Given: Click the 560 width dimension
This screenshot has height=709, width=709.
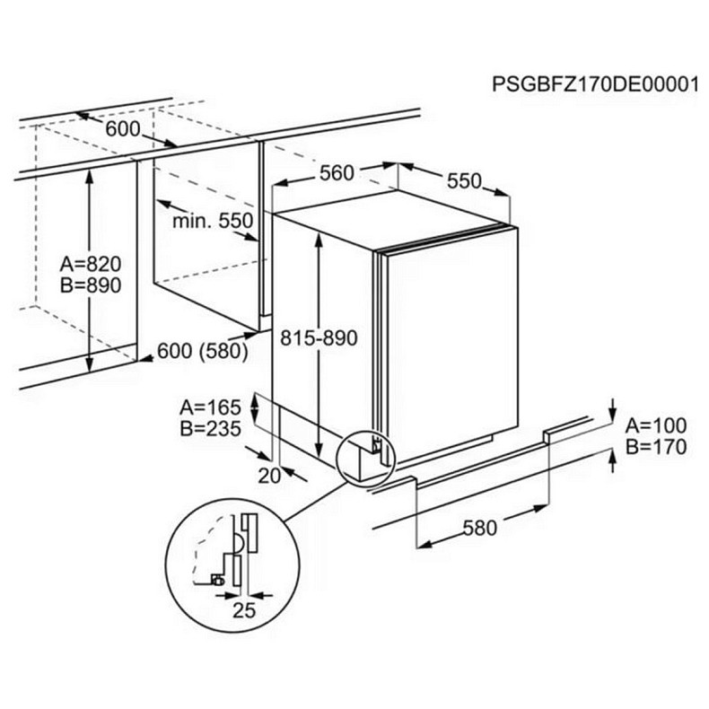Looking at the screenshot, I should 337,173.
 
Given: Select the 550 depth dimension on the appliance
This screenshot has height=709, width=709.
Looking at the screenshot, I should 465,180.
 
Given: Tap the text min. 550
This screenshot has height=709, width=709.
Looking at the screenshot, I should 214,220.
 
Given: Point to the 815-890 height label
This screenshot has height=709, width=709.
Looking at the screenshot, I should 319,338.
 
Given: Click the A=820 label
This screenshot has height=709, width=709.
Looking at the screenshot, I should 91,265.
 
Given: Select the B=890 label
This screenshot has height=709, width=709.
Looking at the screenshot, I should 91,284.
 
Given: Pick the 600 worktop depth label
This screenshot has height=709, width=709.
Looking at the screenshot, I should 123,129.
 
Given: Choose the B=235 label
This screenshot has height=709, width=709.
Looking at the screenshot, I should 210,429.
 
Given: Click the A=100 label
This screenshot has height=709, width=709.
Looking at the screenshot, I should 655,425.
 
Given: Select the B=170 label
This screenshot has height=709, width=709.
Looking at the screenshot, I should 655,446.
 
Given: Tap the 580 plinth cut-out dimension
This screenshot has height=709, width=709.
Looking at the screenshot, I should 479,527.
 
